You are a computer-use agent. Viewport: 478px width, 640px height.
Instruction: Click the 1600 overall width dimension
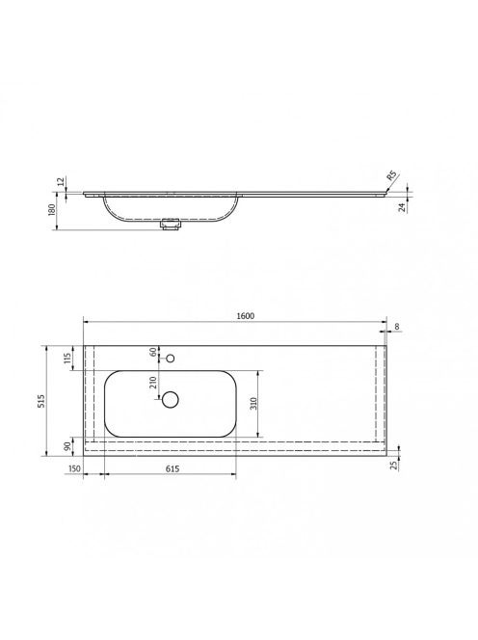tap(246, 316)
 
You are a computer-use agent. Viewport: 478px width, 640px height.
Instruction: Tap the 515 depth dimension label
tap(41, 401)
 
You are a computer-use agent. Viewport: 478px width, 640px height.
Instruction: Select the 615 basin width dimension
tap(173, 468)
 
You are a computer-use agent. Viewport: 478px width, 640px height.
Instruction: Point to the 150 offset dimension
tap(74, 468)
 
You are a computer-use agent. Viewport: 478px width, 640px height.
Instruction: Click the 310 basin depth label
tap(253, 404)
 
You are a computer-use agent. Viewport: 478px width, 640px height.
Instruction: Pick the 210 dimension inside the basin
tap(153, 383)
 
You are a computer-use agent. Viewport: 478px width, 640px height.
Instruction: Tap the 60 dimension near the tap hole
tap(153, 352)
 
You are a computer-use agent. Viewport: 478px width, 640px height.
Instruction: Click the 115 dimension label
tap(67, 358)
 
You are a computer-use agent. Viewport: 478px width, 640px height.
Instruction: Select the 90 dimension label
tap(67, 446)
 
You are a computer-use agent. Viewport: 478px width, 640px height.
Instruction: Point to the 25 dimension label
tap(394, 466)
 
